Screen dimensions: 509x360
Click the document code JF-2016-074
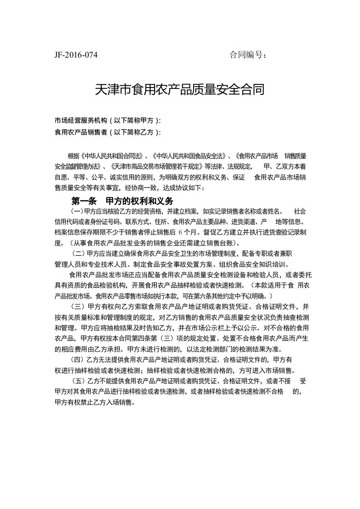76,55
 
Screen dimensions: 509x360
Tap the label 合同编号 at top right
247,55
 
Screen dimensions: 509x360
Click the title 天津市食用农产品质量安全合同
180,89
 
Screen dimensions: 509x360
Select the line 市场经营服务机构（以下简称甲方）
107,121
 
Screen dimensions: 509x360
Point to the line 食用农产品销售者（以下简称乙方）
107,132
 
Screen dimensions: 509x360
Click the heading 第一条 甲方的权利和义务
122,201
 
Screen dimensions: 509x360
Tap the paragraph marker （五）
79,381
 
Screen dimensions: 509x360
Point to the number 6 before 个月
180,232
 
